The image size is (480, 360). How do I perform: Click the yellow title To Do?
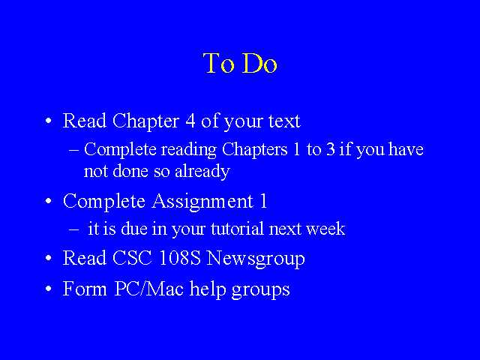[240, 63]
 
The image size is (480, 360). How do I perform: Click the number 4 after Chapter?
[190, 121]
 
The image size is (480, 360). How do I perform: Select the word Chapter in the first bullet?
[145, 121]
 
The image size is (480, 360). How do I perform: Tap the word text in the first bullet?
[284, 121]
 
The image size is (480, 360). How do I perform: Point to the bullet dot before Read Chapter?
[48, 121]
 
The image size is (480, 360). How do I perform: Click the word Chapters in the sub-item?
[255, 150]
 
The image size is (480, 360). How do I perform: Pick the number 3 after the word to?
[331, 150]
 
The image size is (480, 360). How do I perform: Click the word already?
[202, 171]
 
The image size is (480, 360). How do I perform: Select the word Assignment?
[202, 202]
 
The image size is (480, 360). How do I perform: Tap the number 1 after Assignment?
[264, 201]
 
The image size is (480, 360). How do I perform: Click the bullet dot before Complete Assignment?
[48, 201]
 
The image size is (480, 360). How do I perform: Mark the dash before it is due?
[73, 229]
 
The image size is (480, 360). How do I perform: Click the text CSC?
[132, 258]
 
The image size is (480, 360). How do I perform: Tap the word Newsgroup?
[256, 259]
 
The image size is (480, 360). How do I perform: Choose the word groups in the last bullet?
[260, 290]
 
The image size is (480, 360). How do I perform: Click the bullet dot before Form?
[48, 289]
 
